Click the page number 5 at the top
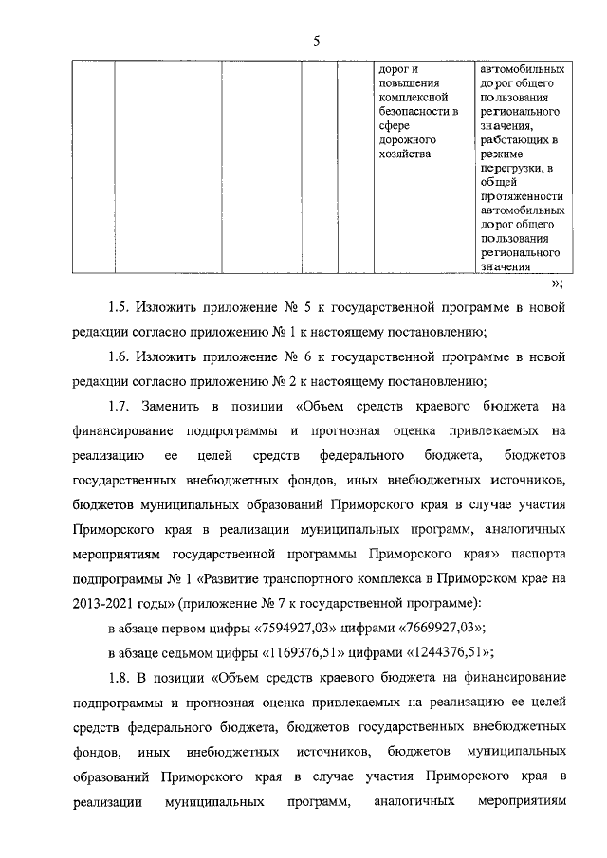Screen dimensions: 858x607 point(316,39)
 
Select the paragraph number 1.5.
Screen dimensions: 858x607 point(118,307)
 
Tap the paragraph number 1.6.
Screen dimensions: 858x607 point(118,357)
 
